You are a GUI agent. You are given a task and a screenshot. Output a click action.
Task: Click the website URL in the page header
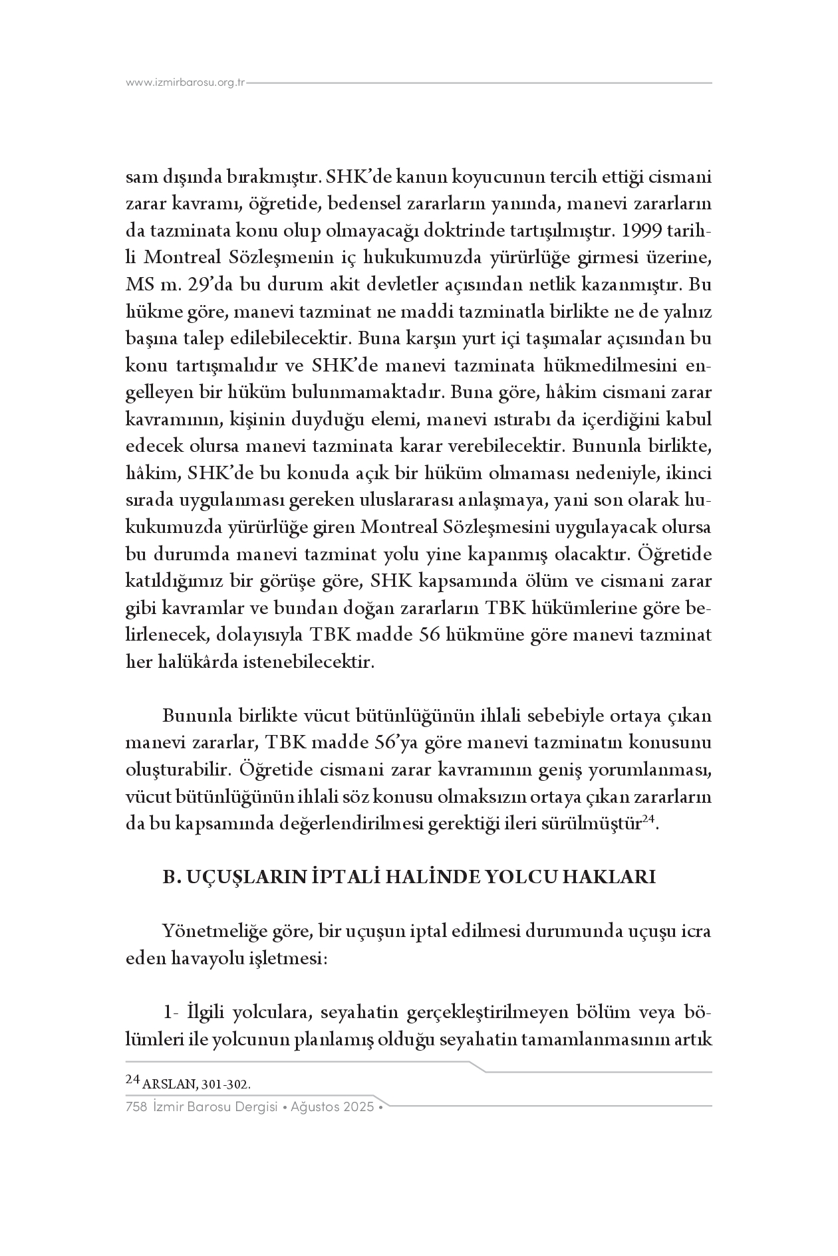tap(186, 82)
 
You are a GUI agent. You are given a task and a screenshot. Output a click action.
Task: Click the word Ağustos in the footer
tap(317, 1107)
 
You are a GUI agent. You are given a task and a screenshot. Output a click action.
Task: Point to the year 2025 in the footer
tap(360, 1107)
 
